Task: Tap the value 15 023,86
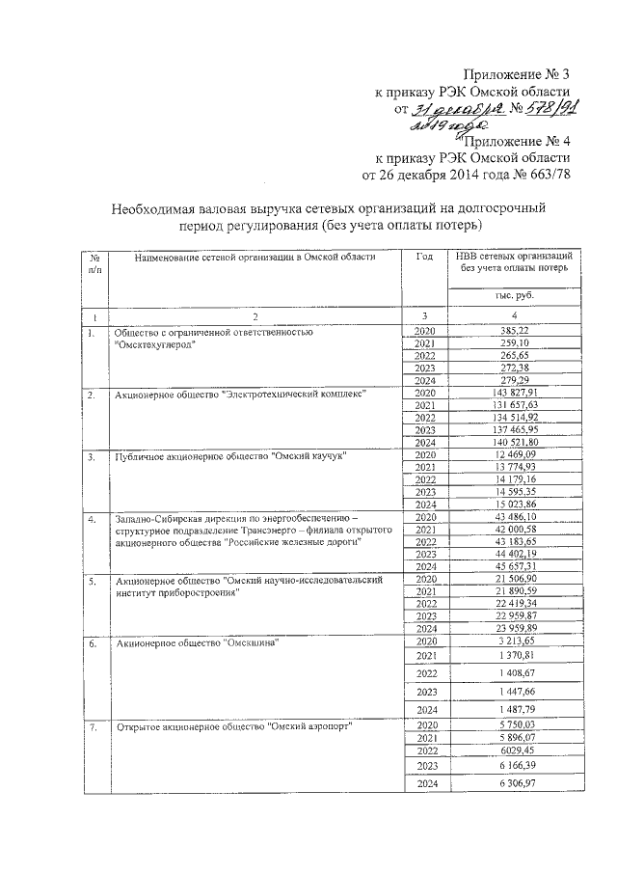coord(514,505)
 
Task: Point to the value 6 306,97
coord(514,783)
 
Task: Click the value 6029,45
coord(514,749)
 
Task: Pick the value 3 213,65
coord(514,641)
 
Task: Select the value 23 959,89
coord(514,627)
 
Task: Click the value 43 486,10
coord(514,518)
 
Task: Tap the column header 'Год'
coord(424,257)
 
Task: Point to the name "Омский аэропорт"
coord(308,726)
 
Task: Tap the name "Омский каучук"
coord(308,455)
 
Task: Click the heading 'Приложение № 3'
coord(518,75)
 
